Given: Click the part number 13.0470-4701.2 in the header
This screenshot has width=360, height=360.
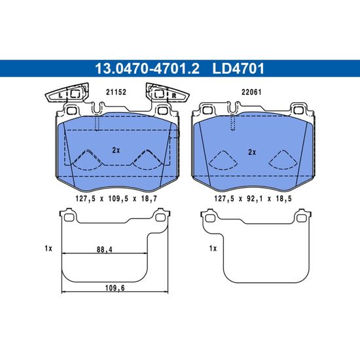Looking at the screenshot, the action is (147, 69).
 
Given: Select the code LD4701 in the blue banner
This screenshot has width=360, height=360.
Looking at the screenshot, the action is (238, 69).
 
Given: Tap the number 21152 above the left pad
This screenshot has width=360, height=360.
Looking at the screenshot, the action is (116, 92).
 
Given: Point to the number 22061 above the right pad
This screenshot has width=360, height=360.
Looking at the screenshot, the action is (251, 92).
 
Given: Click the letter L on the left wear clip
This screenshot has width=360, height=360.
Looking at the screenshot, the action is (60, 96).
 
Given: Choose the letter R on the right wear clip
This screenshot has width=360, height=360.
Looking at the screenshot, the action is (174, 96).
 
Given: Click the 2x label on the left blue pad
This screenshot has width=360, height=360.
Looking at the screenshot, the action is (116, 151).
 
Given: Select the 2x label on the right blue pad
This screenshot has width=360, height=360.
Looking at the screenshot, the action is (252, 153).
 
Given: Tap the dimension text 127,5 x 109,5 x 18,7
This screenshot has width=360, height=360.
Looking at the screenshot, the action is (116, 198).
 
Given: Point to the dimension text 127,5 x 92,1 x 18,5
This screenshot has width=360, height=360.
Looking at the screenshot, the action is (253, 198).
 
